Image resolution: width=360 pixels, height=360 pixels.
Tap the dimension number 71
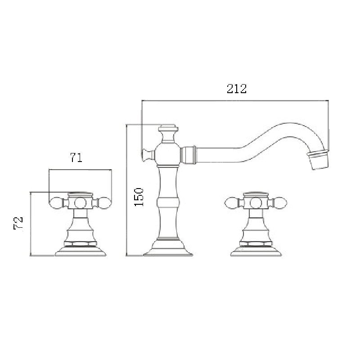pyautogui.click(x=76, y=157)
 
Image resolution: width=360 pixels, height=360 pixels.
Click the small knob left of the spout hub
pyautogui.click(x=146, y=155)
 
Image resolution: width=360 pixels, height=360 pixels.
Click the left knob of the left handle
pyautogui.click(x=58, y=203)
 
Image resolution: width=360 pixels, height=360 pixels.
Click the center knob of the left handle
pyautogui.click(x=80, y=203)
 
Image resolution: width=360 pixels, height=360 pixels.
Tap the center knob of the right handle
pyautogui.click(x=255, y=203)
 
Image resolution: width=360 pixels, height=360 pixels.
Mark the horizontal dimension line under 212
pyautogui.click(x=234, y=101)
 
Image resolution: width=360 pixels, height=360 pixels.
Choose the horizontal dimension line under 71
pyautogui.click(x=80, y=170)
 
